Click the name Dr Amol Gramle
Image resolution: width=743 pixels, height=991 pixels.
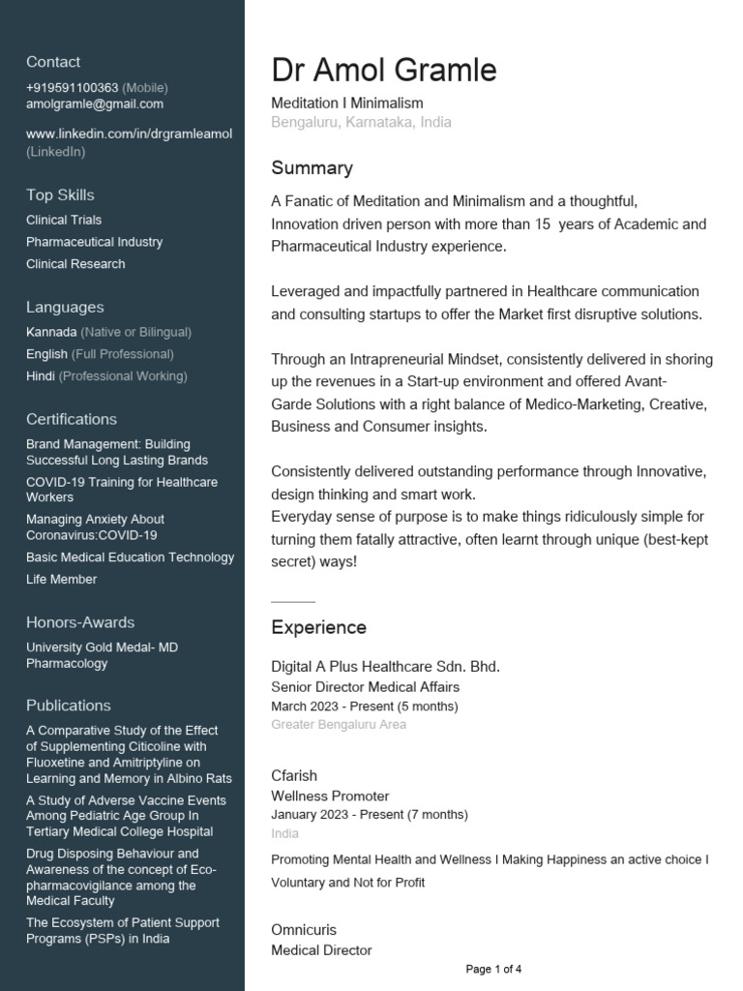[384, 70]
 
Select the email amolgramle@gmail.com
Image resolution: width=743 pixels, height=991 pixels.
[95, 104]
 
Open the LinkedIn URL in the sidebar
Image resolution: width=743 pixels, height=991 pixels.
[129, 134]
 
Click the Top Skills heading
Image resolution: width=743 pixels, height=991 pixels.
[60, 195]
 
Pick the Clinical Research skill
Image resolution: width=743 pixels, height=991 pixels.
[75, 263]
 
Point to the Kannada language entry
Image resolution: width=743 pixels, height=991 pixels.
[51, 332]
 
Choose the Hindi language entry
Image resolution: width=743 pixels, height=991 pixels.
[41, 375]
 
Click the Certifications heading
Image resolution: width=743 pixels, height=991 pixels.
[72, 419]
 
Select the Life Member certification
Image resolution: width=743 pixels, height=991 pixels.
[62, 579]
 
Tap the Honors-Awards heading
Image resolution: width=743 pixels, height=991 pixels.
[80, 622]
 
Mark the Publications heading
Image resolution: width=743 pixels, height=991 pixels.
[69, 706]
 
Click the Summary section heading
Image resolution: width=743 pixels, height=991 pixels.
[312, 168]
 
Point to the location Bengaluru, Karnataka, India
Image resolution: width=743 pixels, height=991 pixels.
[361, 123]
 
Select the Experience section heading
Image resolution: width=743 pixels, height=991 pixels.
[318, 627]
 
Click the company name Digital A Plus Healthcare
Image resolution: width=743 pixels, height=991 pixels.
[385, 667]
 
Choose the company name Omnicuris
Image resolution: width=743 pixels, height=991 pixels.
[304, 930]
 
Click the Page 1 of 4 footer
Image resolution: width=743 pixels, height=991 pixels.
[493, 969]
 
